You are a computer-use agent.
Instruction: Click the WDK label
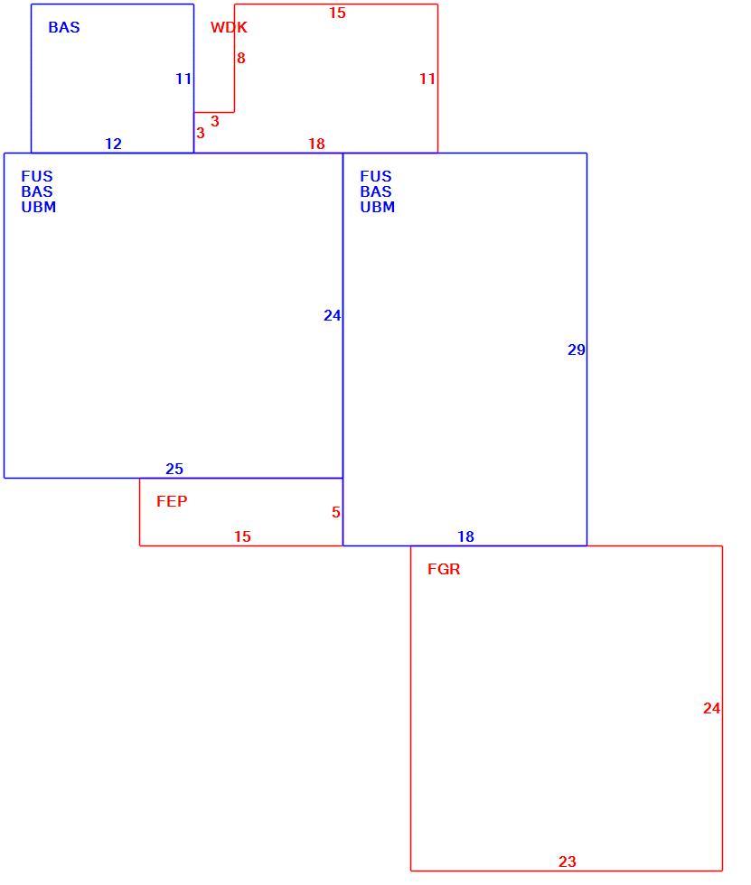point(229,27)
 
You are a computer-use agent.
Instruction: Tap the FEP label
point(172,501)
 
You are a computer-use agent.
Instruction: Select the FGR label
point(444,569)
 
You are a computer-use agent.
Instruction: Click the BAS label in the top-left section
point(64,27)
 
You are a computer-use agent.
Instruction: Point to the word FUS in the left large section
point(37,176)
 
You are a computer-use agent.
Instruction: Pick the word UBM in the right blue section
point(378,207)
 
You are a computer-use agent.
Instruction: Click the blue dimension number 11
point(183,79)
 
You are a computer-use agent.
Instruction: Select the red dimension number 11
point(427,79)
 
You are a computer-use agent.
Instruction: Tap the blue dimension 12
point(114,144)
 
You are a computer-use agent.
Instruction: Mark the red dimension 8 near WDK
point(241,58)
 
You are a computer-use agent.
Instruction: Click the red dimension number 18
point(317,144)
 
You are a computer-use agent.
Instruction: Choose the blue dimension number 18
point(465,536)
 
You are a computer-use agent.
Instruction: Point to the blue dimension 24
point(333,315)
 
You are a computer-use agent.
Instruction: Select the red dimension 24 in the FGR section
point(712,708)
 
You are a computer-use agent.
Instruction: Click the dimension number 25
point(174,469)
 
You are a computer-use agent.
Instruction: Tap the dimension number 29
point(577,350)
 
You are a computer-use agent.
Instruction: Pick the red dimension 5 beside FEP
point(336,513)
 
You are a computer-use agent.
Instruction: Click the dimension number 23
point(568,862)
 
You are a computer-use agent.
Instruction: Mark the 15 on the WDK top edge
point(337,13)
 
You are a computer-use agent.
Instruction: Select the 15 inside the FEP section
point(242,536)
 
